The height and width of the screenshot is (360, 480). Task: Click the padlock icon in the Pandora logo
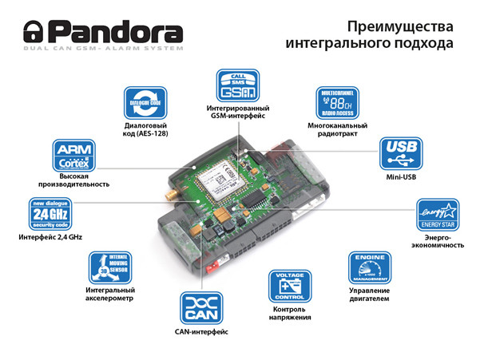33,33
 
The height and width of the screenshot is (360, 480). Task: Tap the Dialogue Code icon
144,103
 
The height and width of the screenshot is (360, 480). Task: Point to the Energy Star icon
437,216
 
